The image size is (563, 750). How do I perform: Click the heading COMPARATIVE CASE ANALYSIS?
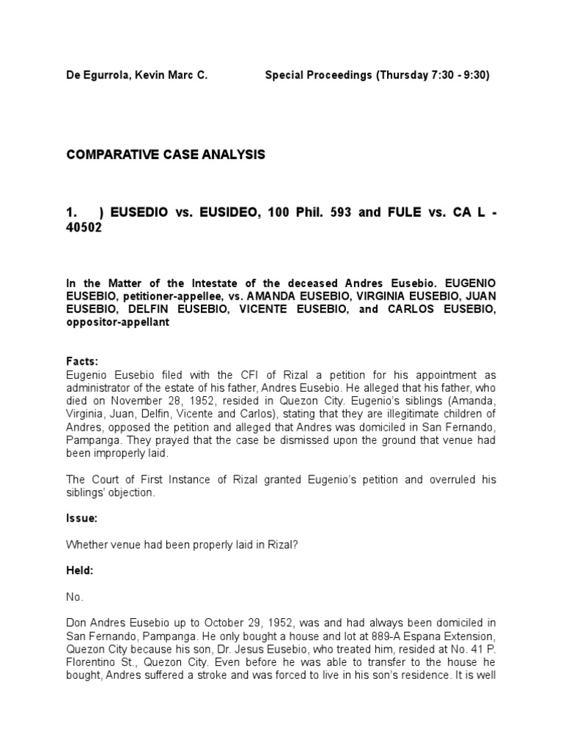point(166,155)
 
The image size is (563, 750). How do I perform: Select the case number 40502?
point(86,227)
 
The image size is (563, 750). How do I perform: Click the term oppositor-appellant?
point(119,322)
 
